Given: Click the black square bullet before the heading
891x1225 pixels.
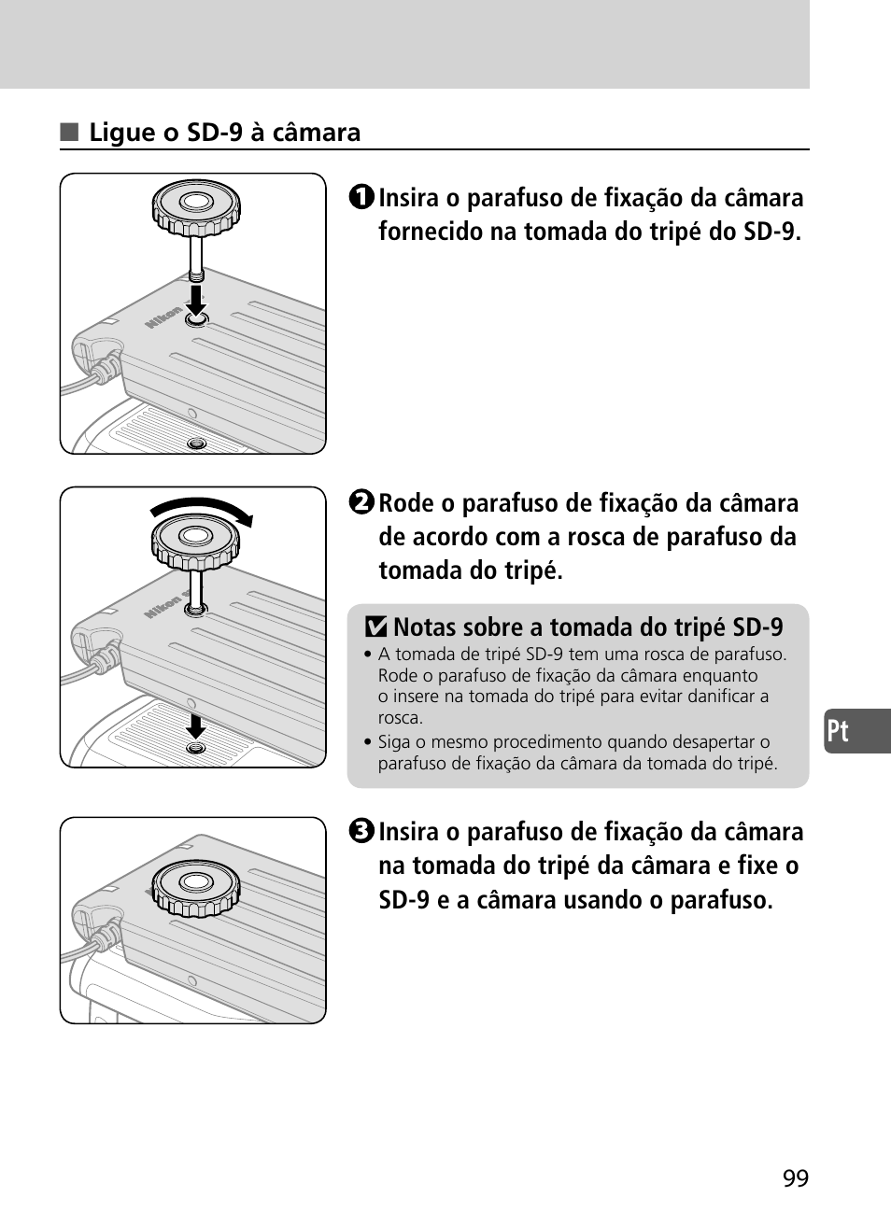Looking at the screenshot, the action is click(69, 133).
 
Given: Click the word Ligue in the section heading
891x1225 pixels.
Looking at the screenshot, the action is click(122, 134).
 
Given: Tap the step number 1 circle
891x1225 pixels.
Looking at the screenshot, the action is click(361, 197).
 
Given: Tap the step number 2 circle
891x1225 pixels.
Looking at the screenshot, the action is click(361, 502).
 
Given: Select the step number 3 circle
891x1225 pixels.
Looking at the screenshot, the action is click(361, 831).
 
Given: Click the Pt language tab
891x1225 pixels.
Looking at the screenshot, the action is click(857, 731).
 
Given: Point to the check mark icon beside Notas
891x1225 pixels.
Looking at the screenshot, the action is click(375, 627).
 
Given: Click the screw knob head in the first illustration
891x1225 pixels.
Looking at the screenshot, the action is click(196, 208).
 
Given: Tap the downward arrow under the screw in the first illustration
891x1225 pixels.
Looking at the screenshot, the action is click(196, 300).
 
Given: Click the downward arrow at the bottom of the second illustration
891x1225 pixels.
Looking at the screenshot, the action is click(195, 725).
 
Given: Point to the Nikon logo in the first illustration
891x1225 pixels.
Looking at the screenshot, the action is click(163, 317).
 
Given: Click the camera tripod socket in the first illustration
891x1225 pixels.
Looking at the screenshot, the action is click(196, 444).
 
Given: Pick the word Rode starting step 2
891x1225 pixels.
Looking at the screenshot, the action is click(407, 503).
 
